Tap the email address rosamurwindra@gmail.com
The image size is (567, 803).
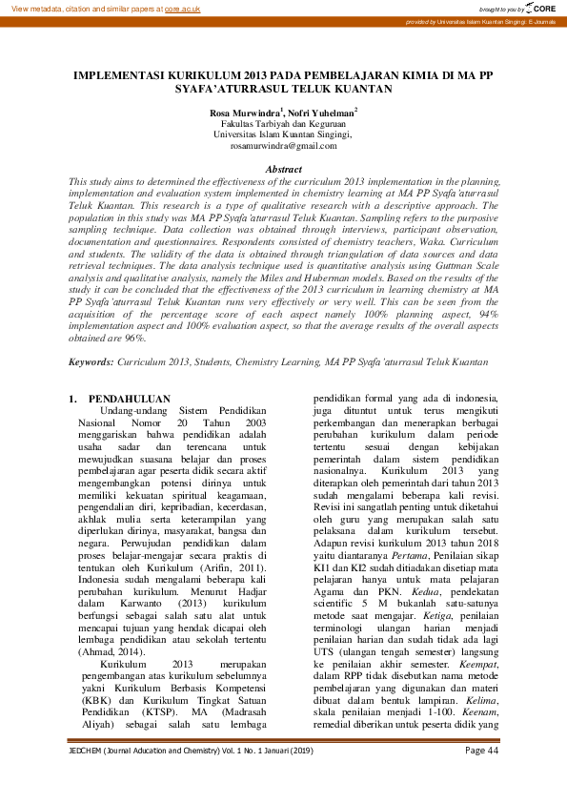pos(283,146)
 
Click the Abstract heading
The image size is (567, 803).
pos(283,169)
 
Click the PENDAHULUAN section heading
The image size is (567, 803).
pos(129,399)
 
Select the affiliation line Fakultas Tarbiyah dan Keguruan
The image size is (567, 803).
pos(283,124)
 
